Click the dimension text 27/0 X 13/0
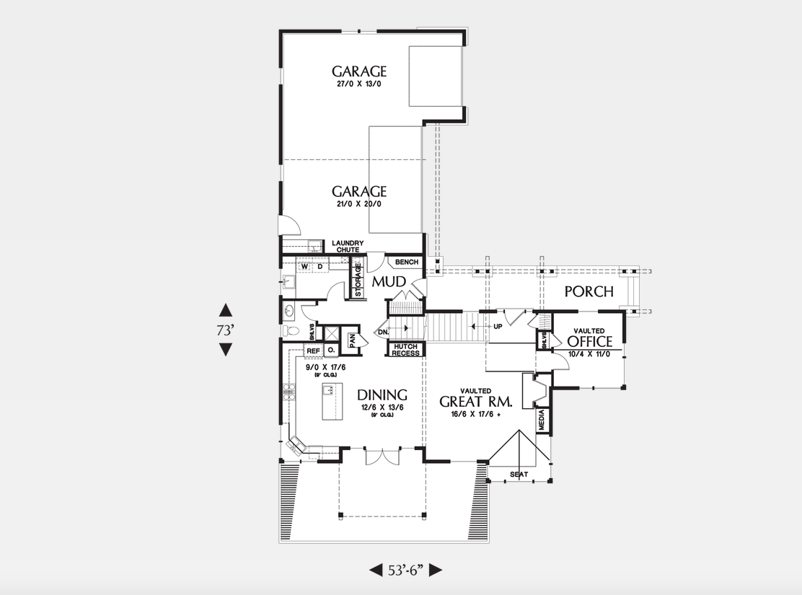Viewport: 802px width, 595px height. click(359, 84)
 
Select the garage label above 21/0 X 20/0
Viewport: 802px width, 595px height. click(359, 191)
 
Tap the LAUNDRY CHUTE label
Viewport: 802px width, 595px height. click(347, 247)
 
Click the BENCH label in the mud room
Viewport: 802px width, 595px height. click(407, 262)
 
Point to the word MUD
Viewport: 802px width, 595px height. click(387, 281)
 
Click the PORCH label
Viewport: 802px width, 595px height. click(589, 291)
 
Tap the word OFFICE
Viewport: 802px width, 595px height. click(589, 341)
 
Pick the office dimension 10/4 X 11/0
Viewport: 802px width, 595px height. click(589, 354)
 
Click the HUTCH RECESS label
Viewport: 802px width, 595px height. click(406, 350)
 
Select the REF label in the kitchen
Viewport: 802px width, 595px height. click(313, 351)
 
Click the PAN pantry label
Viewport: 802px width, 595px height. click(353, 340)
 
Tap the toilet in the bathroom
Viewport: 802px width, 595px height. click(290, 331)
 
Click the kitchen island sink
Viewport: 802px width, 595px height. click(327, 390)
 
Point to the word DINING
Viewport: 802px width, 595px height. click(382, 395)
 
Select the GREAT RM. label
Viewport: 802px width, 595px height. click(475, 402)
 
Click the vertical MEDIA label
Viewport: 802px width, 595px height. click(542, 420)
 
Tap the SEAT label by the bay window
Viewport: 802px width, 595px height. click(519, 474)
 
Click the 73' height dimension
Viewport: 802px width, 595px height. click(226, 330)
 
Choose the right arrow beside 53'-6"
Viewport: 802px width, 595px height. click(435, 570)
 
